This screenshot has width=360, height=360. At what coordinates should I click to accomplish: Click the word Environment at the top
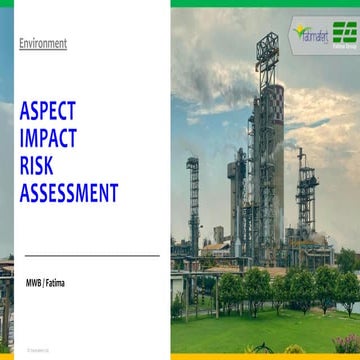tap(43, 43)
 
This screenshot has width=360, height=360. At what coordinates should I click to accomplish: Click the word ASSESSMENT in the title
tap(69, 192)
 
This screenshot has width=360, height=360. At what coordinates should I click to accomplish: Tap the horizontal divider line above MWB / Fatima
tap(90, 256)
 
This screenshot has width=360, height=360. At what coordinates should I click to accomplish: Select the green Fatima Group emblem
tap(345, 31)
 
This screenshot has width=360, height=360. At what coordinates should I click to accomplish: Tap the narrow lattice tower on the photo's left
tap(193, 200)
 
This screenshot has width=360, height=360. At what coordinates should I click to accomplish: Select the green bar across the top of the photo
tap(265, 3)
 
